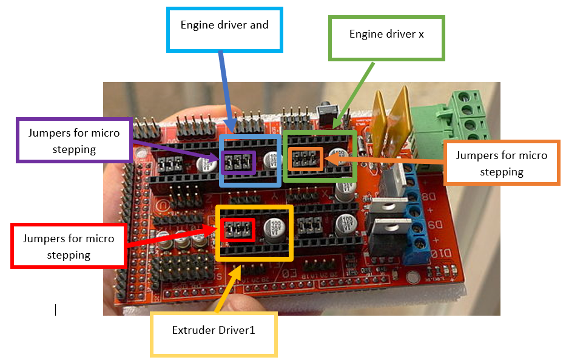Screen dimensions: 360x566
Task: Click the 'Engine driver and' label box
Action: (x=224, y=29)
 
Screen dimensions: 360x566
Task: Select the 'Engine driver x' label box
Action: (x=386, y=38)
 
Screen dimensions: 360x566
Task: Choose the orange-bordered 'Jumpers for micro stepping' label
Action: (x=501, y=163)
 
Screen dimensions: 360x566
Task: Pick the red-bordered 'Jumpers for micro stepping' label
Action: (x=69, y=246)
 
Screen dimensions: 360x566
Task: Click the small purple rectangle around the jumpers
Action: (x=237, y=162)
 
